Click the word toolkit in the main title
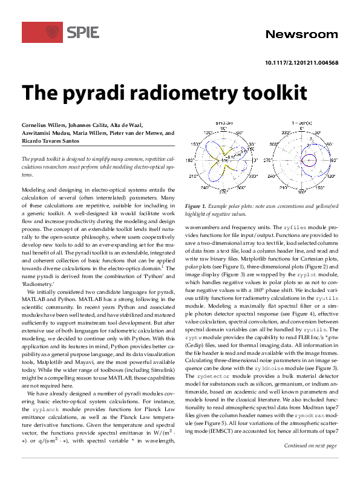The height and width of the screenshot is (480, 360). tap(250, 94)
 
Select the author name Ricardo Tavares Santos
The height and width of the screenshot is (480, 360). tap(56, 140)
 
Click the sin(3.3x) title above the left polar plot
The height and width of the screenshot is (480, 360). tap(224, 123)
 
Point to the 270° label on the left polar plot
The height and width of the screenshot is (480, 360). tap(223, 192)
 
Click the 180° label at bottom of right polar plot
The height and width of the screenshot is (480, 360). tap(301, 192)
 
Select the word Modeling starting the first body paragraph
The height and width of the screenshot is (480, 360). tap(34, 190)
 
